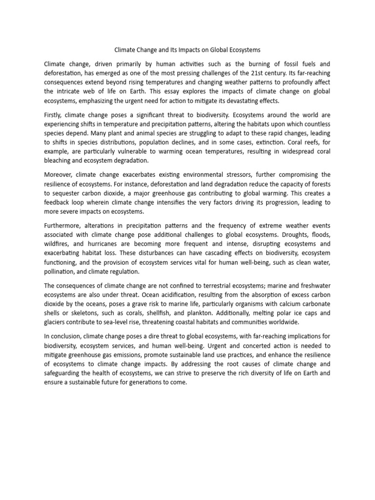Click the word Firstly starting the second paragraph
pyautogui.click(x=55, y=115)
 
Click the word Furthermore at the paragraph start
pyautogui.click(x=63, y=226)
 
